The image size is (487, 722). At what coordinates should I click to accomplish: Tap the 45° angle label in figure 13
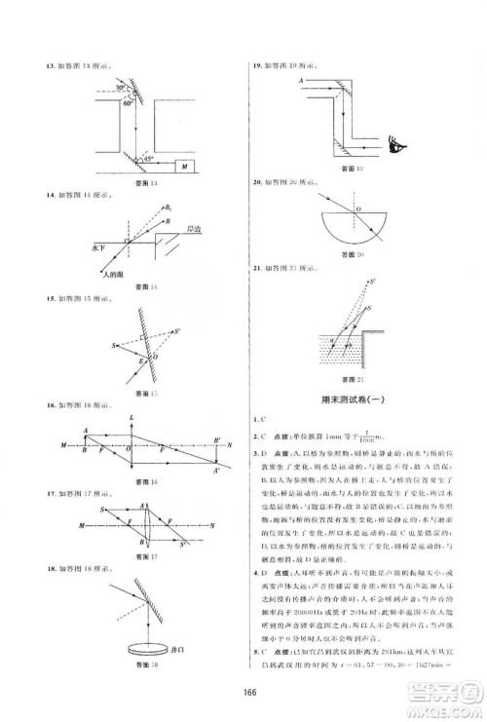(146, 156)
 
